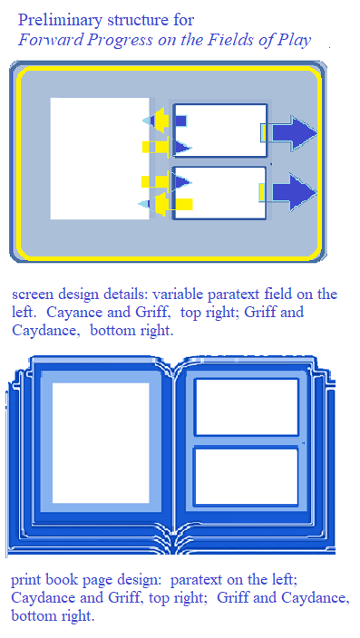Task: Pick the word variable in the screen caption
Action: point(178,295)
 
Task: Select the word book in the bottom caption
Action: point(63,579)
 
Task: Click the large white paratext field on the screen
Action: point(100,159)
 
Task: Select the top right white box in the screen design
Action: point(220,130)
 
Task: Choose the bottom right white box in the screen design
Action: point(220,192)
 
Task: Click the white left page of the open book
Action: point(101,443)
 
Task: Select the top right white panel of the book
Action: point(247,407)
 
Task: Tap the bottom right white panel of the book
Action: point(247,477)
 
